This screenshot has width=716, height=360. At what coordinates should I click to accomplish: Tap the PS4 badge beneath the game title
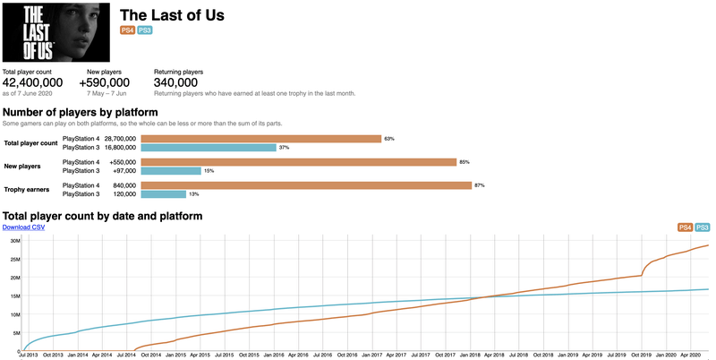coord(127,30)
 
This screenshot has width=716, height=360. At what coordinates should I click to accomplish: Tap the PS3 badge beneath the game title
coord(144,30)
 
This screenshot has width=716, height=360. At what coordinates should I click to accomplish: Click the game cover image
coord(54,30)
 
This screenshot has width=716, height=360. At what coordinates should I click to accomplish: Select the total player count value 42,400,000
coord(32,82)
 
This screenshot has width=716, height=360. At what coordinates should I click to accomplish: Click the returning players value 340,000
coord(175,82)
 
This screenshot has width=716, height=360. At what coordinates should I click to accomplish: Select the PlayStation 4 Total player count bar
coord(261,139)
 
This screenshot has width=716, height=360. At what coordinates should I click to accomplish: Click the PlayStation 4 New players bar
coord(299,162)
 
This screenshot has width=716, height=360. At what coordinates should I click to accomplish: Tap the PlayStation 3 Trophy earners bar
coord(164,193)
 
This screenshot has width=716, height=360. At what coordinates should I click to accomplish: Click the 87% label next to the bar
coord(480,185)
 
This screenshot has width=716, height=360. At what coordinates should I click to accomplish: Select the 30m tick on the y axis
coord(15,240)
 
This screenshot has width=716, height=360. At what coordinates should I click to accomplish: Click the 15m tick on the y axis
coord(15,296)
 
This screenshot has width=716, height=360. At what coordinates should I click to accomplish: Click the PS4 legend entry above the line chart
coord(685,228)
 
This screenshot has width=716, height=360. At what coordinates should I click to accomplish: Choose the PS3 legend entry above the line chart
coord(702,228)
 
